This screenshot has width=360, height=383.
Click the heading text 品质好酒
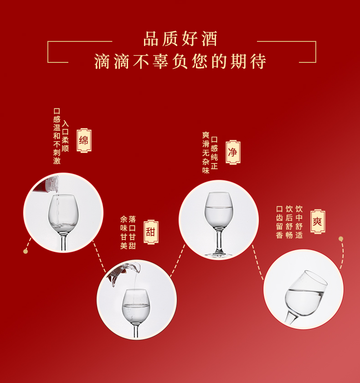click(180, 39)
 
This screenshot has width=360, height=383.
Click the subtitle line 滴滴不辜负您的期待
click(180, 61)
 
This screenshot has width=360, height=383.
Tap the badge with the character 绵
click(84, 140)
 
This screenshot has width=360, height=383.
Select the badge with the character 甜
click(151, 232)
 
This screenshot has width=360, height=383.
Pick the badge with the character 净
click(233, 152)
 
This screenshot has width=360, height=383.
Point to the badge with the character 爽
click(318, 221)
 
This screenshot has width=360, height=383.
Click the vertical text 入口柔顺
click(65, 136)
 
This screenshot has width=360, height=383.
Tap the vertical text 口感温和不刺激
click(57, 136)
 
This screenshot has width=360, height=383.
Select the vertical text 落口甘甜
click(132, 232)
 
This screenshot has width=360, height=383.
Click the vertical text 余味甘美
click(123, 232)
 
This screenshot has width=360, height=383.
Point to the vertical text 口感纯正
click(214, 153)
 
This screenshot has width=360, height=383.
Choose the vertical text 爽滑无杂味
click(206, 153)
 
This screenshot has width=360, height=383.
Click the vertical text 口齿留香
click(280, 222)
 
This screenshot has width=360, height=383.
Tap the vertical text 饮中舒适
click(299, 222)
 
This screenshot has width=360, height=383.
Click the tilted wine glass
click(305, 297)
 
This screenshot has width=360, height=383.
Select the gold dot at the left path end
click(26, 251)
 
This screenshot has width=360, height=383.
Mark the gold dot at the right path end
click(341, 239)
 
